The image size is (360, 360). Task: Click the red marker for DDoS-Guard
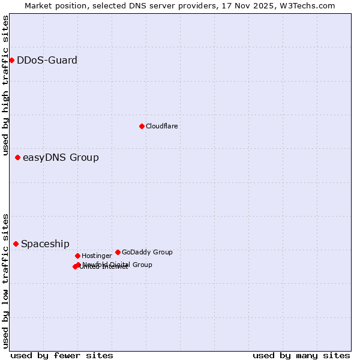(x=11, y=60)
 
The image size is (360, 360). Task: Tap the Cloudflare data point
(x=142, y=126)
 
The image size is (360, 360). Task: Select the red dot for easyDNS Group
(x=17, y=157)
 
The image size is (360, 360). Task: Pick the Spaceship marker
(x=16, y=244)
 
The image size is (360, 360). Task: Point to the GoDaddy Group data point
(x=118, y=252)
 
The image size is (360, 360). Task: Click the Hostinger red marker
(x=77, y=256)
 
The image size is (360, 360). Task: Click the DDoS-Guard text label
(x=47, y=60)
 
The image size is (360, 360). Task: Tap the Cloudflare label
(x=161, y=126)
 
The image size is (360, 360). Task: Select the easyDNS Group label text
(x=61, y=158)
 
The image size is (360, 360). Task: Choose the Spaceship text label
(x=45, y=244)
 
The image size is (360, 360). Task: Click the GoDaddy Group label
(x=147, y=252)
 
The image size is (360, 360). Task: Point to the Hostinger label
(x=97, y=256)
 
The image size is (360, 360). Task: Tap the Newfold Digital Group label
(x=118, y=265)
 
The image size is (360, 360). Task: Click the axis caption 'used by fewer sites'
(x=62, y=355)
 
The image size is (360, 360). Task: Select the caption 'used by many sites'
(x=301, y=355)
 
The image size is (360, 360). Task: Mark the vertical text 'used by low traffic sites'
(x=5, y=280)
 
